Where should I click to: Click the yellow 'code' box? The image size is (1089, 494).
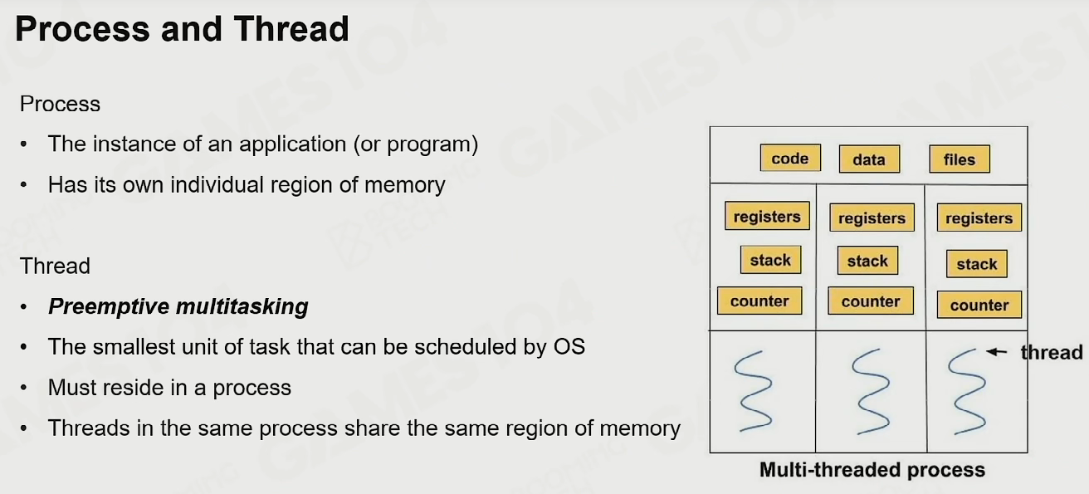790,158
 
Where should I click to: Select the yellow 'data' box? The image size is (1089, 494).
869,159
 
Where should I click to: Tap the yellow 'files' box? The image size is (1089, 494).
960,159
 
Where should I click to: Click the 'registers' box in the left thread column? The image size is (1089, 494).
767,216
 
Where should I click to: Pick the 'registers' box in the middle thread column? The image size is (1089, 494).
872,218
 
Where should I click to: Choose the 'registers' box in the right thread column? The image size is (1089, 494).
979,218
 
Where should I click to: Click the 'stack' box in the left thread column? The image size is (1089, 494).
770,260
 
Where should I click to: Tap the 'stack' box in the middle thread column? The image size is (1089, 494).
868,261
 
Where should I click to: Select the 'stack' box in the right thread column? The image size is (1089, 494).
977,264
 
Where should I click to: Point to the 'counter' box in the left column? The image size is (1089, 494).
759,301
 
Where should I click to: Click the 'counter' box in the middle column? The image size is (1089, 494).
871,301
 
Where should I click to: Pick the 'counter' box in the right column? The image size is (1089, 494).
979,305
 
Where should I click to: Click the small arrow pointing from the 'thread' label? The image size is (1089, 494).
997,351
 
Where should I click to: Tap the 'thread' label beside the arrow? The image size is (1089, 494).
1052,353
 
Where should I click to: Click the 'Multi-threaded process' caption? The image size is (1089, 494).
872,470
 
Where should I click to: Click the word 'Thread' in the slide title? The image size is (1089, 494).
291,29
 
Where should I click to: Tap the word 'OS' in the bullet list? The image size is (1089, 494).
569,347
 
